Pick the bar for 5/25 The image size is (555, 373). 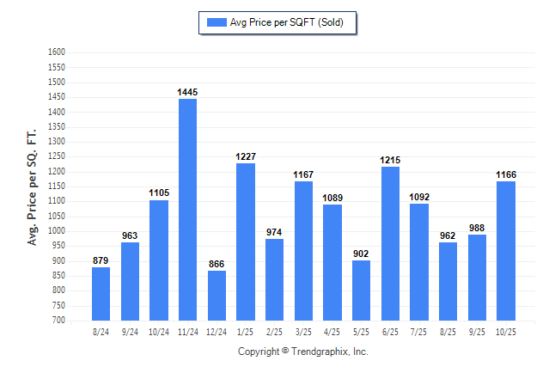361,290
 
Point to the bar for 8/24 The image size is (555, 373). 101,293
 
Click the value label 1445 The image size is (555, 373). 187,92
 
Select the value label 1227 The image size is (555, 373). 246,156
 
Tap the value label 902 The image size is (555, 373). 361,254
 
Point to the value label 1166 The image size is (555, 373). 506,174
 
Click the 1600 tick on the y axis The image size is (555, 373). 57,52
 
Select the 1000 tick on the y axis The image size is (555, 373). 57,231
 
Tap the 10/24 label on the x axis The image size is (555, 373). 159,331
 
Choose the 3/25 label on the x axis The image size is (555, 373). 303,331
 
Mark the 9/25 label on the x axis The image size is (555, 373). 477,331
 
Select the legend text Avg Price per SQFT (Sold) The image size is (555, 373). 287,22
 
